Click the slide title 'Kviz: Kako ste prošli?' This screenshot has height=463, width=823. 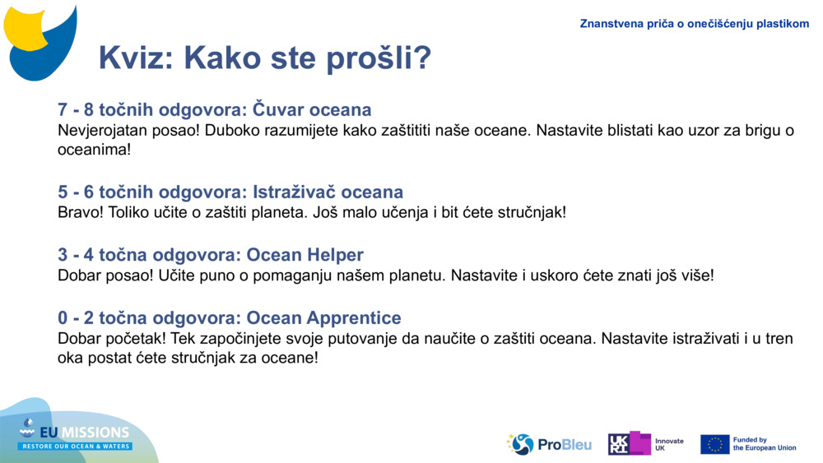tap(264, 58)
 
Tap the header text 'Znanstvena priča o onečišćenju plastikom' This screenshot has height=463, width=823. tap(694, 24)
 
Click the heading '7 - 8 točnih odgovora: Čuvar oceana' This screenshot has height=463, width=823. tap(214, 109)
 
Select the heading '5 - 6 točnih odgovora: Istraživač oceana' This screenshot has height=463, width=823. tap(230, 192)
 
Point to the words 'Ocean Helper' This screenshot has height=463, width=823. tap(305, 255)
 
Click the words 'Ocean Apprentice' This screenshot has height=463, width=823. tap(323, 317)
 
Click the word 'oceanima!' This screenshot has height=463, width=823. tap(94, 150)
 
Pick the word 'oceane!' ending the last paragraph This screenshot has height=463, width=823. tap(290, 359)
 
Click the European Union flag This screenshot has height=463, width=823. tap(714, 444)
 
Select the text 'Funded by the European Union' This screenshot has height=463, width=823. tap(764, 444)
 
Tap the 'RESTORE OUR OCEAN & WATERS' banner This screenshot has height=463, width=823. tap(76, 447)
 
